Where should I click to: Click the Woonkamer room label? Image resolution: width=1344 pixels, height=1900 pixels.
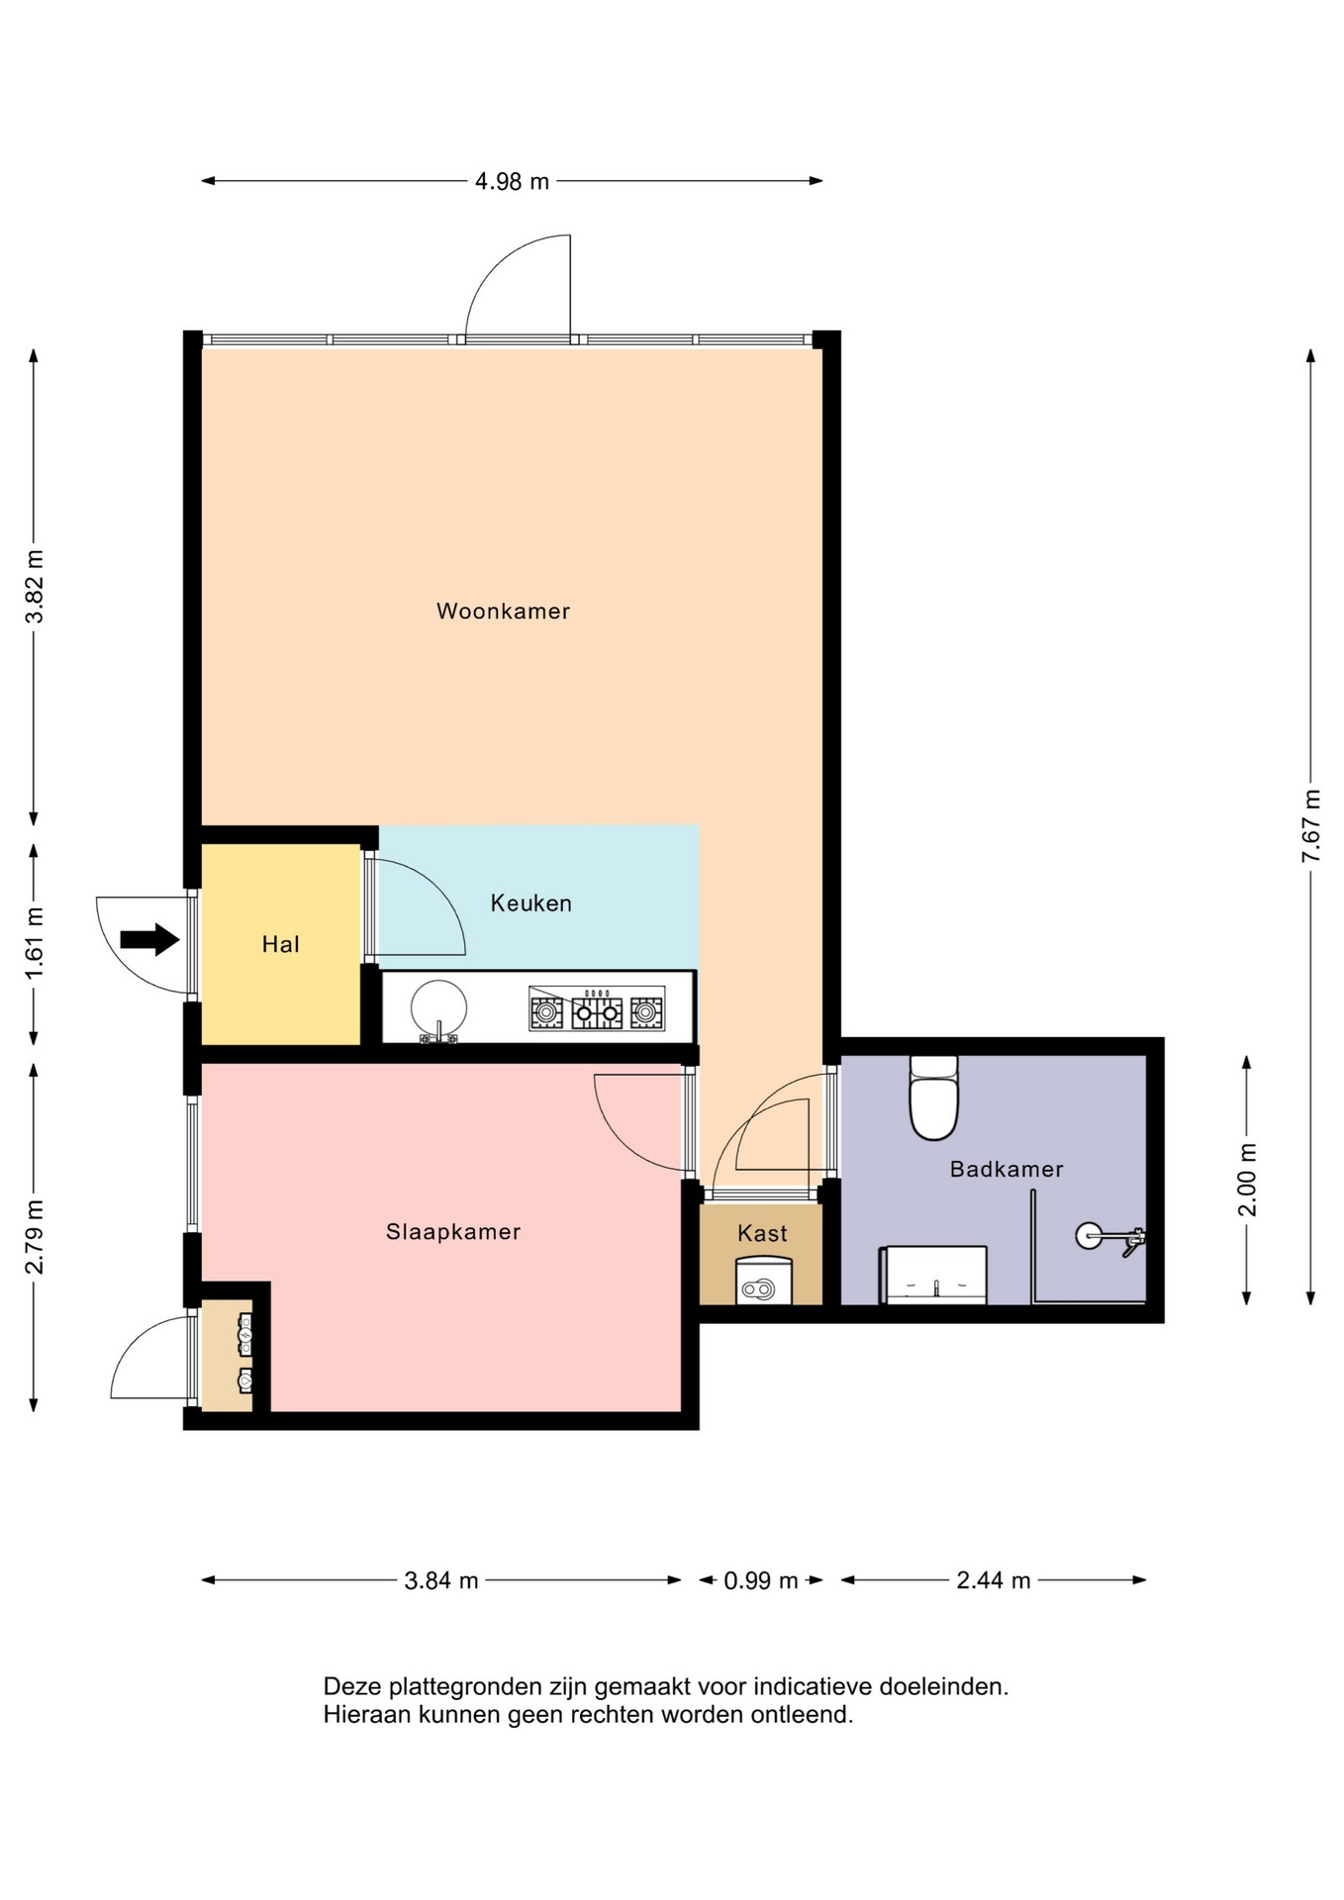click(x=503, y=612)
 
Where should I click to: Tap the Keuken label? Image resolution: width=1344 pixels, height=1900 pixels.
click(x=531, y=903)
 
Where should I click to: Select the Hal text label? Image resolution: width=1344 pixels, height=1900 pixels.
click(x=281, y=945)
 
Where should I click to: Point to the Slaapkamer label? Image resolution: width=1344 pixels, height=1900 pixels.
click(x=453, y=1232)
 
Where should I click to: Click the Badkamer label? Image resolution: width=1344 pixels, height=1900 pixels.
click(x=1007, y=1170)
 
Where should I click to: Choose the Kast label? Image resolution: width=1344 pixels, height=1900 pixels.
click(x=762, y=1234)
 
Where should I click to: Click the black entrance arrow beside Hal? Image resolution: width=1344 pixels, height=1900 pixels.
click(x=149, y=939)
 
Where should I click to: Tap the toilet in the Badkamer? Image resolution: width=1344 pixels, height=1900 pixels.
click(x=933, y=1097)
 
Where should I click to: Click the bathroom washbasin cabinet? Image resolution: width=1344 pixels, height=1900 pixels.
click(x=933, y=1275)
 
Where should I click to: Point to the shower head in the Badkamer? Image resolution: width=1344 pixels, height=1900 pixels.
click(x=1089, y=1236)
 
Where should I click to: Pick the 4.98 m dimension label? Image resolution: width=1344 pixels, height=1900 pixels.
click(x=512, y=182)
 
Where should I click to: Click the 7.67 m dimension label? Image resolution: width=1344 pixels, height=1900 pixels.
click(x=1311, y=825)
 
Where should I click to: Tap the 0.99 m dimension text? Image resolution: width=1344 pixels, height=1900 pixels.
click(x=760, y=1581)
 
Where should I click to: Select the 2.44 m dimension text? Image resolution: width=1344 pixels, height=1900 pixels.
click(x=994, y=1581)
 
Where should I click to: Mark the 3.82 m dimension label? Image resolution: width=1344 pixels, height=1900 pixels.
click(x=35, y=587)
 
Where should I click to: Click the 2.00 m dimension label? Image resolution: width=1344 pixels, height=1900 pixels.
click(x=1247, y=1180)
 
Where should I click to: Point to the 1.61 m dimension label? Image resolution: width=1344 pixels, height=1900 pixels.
click(x=35, y=943)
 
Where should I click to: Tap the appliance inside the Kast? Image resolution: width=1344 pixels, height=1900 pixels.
click(x=763, y=1280)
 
